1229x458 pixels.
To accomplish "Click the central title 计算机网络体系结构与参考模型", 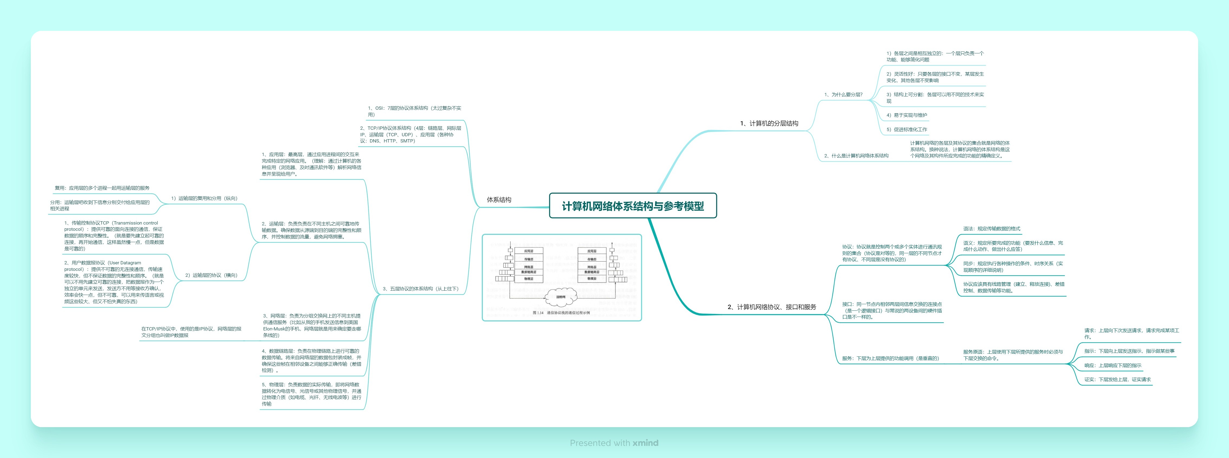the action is point(633,206).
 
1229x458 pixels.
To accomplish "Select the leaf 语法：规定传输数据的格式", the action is point(991,229).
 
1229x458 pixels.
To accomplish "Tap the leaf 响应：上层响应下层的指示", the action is point(1113,365).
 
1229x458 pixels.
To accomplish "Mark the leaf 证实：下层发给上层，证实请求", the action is point(1117,380).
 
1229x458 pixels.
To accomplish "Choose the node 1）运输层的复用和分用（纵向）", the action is point(204,198).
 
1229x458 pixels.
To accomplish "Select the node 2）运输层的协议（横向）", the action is point(211,275).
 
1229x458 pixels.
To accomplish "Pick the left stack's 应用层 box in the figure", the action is point(529,251).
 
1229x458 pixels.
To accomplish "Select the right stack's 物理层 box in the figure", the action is point(592,278).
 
